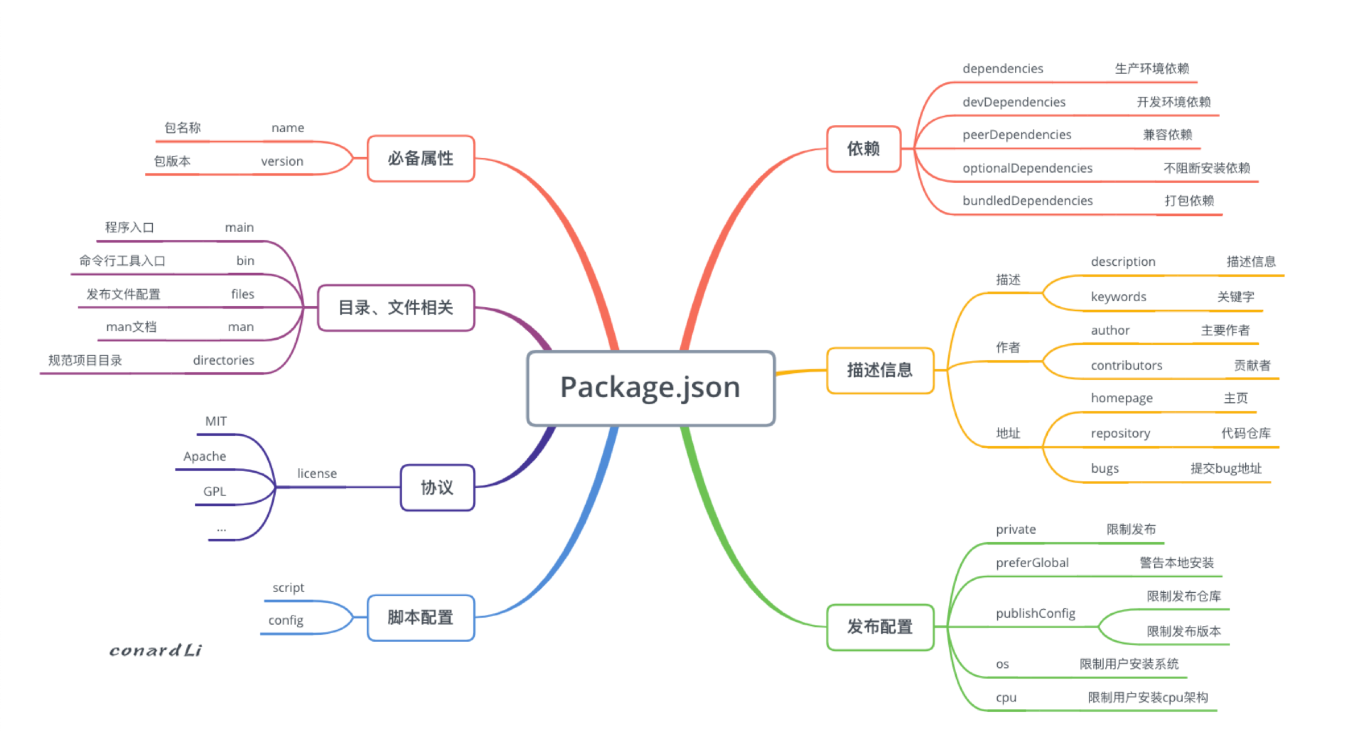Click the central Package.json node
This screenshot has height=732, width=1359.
[650, 388]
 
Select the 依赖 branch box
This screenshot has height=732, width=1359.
[863, 149]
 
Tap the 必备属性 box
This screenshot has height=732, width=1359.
[420, 158]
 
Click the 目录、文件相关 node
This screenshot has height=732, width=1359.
[396, 307]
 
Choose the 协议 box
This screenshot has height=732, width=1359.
[437, 487]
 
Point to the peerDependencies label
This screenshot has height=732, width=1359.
[1017, 135]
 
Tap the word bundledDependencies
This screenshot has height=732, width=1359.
[1027, 201]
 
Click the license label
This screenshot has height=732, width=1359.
[317, 474]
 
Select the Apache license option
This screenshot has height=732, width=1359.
[205, 456]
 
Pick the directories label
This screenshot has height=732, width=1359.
[223, 360]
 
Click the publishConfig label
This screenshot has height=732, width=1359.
[1035, 613]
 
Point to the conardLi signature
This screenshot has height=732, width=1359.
[156, 650]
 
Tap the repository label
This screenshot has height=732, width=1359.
[1120, 434]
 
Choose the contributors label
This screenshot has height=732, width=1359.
[1126, 366]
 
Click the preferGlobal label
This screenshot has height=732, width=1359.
[1032, 563]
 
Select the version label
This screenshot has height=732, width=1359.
[282, 161]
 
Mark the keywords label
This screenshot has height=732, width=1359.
[1118, 297]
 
